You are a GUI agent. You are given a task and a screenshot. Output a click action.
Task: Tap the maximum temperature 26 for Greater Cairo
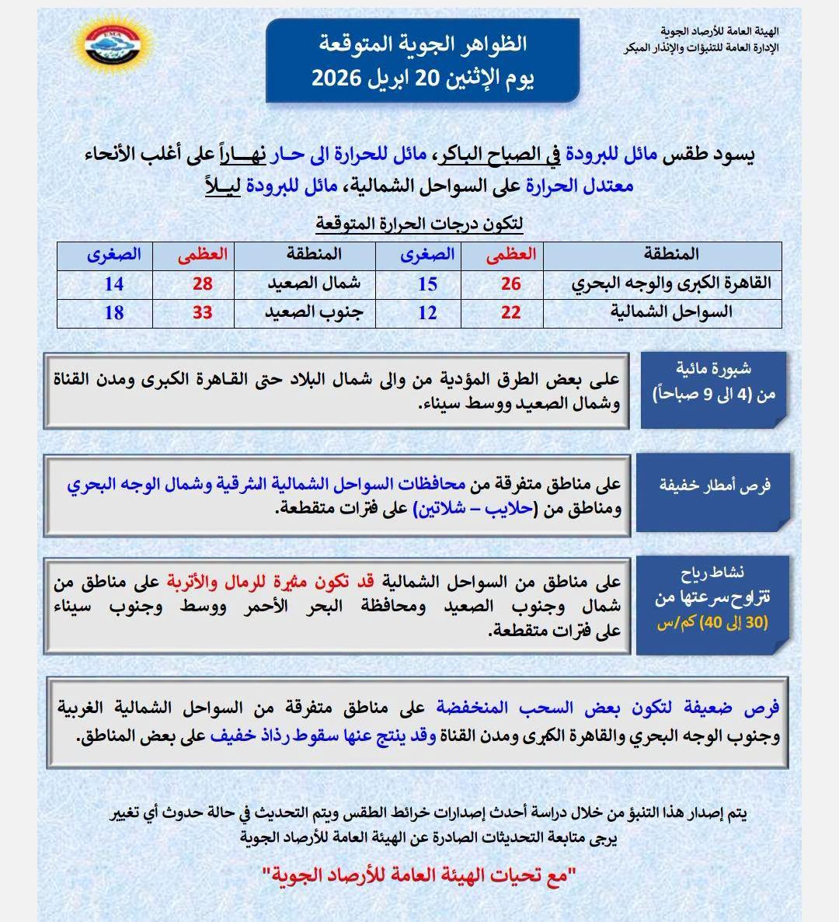click(510, 284)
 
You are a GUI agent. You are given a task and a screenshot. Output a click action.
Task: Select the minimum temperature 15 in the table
click(427, 284)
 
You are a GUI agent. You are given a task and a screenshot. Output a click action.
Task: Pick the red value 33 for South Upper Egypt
click(202, 313)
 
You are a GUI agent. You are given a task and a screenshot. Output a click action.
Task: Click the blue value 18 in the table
click(113, 313)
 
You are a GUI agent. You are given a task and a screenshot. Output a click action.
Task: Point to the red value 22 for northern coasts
click(510, 313)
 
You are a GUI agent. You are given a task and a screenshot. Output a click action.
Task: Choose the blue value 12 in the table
click(427, 313)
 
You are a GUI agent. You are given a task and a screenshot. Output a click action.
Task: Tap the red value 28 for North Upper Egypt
click(202, 284)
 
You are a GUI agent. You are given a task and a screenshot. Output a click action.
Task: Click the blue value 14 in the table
click(113, 284)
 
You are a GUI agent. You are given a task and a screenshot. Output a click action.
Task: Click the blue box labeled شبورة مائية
click(714, 389)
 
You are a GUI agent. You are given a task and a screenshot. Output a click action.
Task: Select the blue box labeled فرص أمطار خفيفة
click(714, 486)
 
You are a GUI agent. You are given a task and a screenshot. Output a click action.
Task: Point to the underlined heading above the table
click(419, 224)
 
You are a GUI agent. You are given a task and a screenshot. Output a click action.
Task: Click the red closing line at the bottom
click(419, 876)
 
